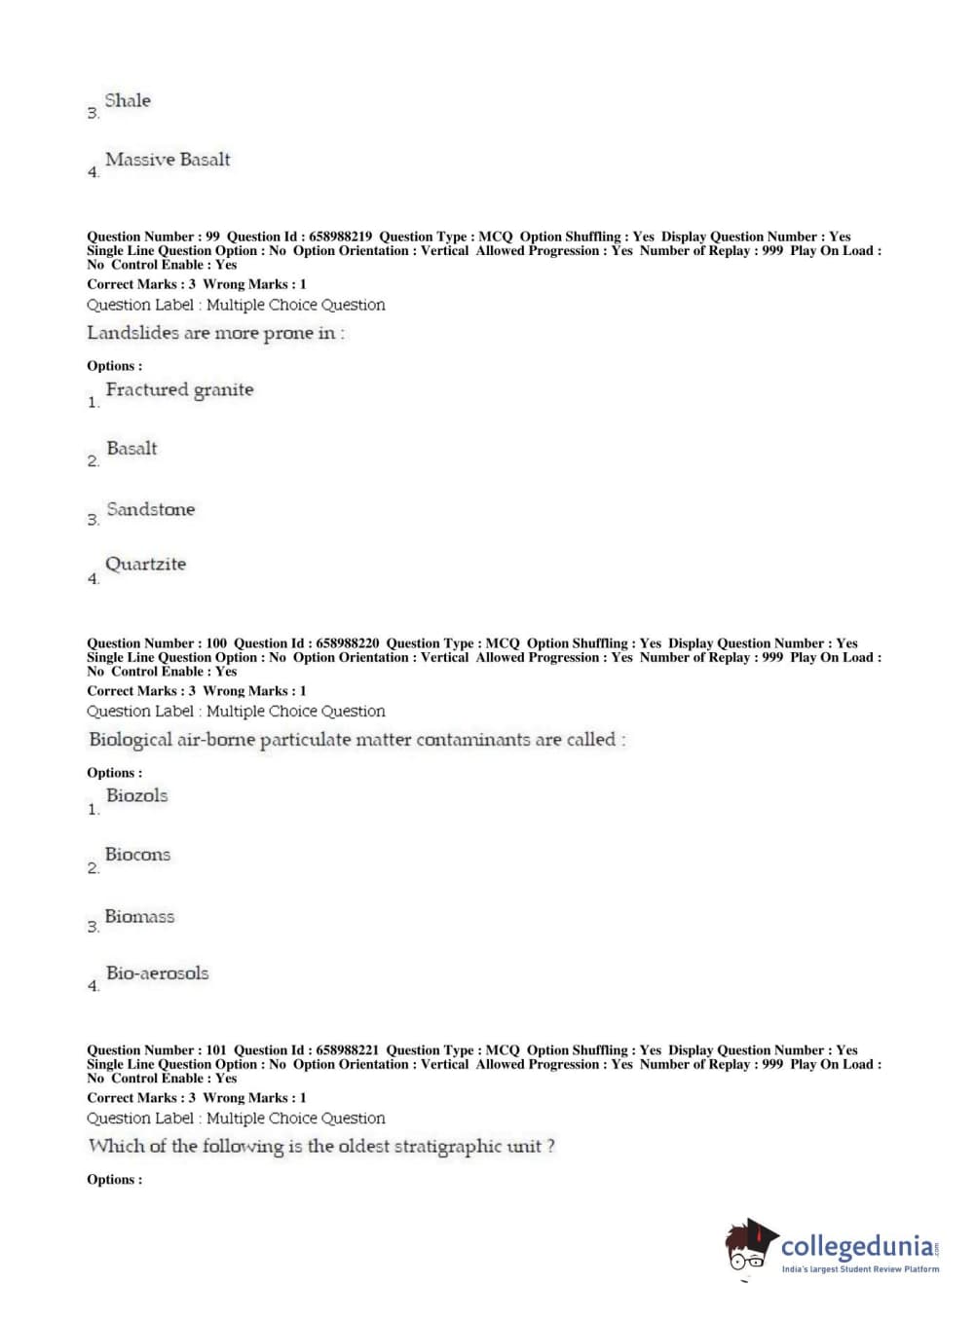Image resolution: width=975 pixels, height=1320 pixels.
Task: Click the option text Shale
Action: pos(128,100)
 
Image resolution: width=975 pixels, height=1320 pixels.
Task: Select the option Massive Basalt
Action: pos(168,160)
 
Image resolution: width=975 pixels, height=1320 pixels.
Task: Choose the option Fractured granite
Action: pos(179,389)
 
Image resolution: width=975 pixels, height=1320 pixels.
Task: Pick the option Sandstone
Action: pos(150,509)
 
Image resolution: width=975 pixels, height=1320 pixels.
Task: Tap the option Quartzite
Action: pos(145,565)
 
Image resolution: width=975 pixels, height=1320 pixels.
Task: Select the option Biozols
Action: pos(136,795)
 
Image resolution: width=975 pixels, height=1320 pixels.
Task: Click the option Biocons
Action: pos(137,855)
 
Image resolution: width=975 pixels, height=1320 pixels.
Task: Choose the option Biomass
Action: pos(139,917)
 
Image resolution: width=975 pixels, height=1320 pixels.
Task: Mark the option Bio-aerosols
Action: pos(157,973)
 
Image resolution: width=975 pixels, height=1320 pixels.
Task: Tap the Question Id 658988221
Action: pos(348,1050)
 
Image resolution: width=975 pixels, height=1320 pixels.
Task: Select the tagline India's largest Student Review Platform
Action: pos(860,1269)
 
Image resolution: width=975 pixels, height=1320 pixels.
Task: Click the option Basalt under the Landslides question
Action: pos(131,449)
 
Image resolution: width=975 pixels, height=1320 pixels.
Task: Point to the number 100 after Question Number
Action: pos(216,643)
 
